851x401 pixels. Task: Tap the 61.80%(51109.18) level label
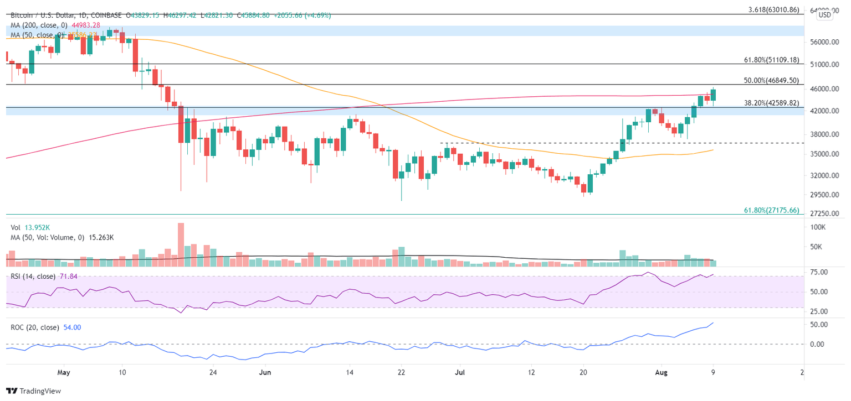[x=771, y=60]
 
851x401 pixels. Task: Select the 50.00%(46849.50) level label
[x=771, y=80]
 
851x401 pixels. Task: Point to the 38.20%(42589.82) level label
[x=771, y=102]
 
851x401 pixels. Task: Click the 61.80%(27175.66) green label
[x=771, y=210]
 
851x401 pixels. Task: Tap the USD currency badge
[x=824, y=15]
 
